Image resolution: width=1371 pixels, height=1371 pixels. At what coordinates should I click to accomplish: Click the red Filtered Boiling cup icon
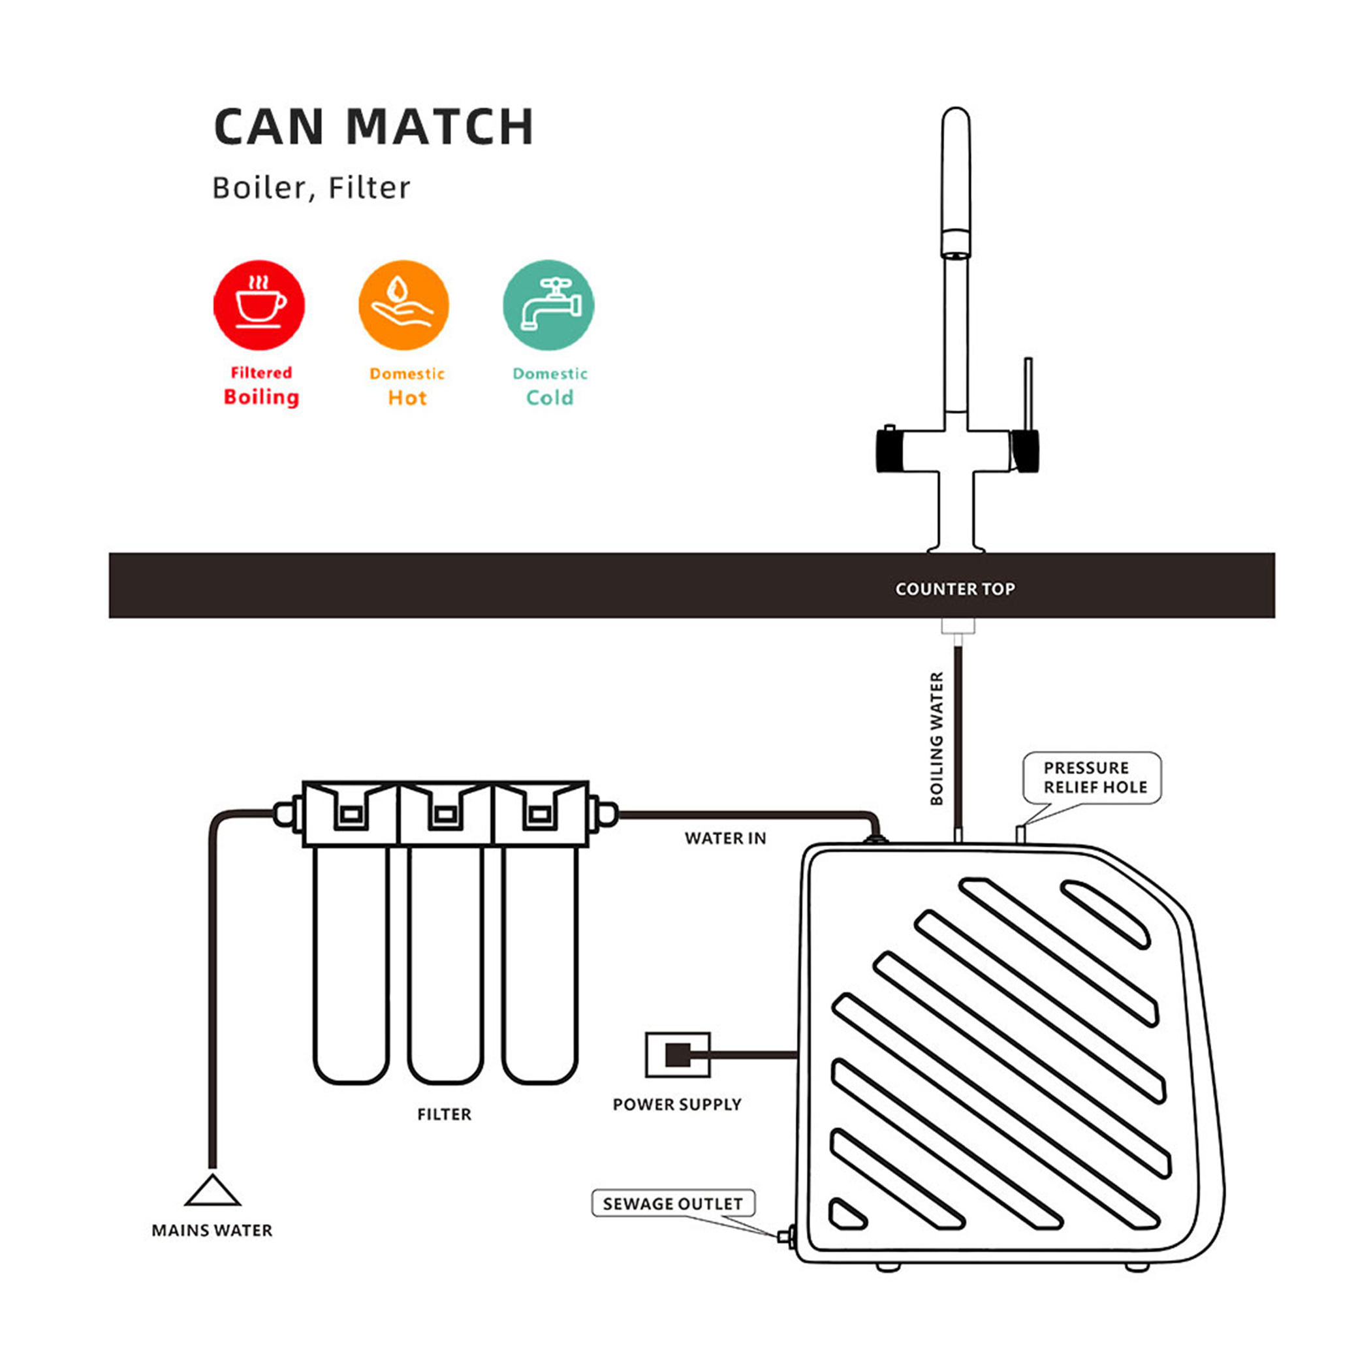pyautogui.click(x=259, y=305)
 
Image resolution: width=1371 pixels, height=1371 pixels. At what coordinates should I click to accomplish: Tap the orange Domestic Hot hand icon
pyautogui.click(x=403, y=305)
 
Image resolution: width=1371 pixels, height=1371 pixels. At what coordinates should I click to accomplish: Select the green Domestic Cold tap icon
pyautogui.click(x=548, y=305)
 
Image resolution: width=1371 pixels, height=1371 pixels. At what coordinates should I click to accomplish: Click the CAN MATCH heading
pyautogui.click(x=373, y=127)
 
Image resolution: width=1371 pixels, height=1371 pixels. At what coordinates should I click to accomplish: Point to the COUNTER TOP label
pyautogui.click(x=955, y=589)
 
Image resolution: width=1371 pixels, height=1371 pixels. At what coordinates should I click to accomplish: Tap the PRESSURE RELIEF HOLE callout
pyautogui.click(x=1092, y=778)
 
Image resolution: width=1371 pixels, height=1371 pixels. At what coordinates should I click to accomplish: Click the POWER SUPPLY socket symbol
pyautogui.click(x=678, y=1054)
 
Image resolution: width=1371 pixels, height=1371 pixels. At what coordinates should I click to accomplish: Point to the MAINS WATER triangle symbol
pyautogui.click(x=212, y=1191)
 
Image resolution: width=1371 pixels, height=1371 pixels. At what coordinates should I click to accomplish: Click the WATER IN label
pyautogui.click(x=725, y=839)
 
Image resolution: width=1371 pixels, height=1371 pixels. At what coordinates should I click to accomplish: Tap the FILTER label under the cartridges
pyautogui.click(x=444, y=1115)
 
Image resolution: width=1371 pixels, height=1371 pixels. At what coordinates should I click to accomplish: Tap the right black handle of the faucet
pyautogui.click(x=1026, y=450)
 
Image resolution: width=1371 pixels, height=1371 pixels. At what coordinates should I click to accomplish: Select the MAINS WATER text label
pyautogui.click(x=212, y=1231)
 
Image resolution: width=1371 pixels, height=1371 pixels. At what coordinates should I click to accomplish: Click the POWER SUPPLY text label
pyautogui.click(x=677, y=1105)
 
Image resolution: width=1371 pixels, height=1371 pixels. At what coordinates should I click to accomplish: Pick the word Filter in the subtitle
pyautogui.click(x=369, y=188)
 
